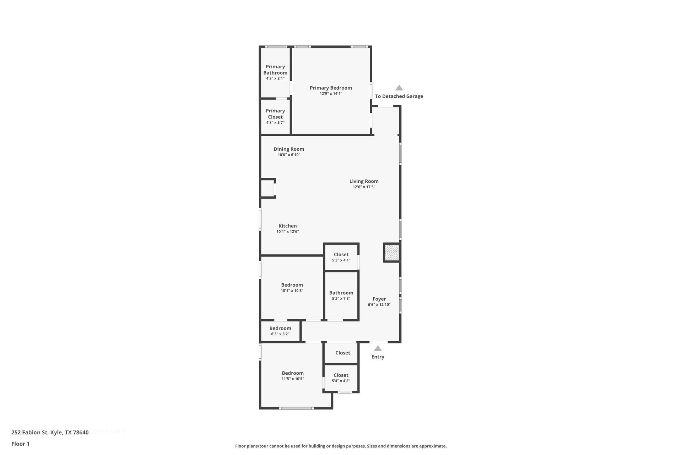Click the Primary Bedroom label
click(331, 88)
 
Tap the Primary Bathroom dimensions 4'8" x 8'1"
click(275, 79)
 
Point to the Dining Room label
click(289, 149)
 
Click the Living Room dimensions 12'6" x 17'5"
click(364, 187)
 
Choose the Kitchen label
click(287, 226)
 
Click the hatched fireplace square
click(392, 253)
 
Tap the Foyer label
click(379, 299)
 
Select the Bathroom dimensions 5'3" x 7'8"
click(341, 299)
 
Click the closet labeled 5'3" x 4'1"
click(341, 257)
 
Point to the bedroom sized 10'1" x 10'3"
click(292, 287)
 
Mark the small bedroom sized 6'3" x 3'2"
click(280, 331)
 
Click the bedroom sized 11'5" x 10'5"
click(293, 375)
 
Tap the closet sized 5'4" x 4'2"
click(341, 378)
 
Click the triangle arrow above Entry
click(378, 349)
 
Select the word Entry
click(378, 357)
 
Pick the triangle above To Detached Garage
click(399, 88)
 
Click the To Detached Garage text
click(399, 96)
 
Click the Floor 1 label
click(20, 444)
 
